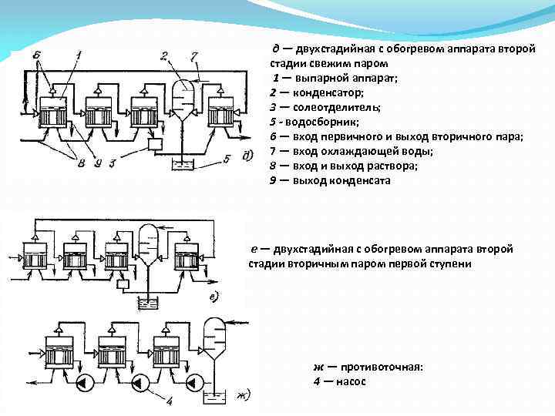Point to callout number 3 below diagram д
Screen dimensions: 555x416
coord(111,163)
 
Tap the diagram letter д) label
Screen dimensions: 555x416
coord(247,156)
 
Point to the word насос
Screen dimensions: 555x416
coord(349,381)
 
